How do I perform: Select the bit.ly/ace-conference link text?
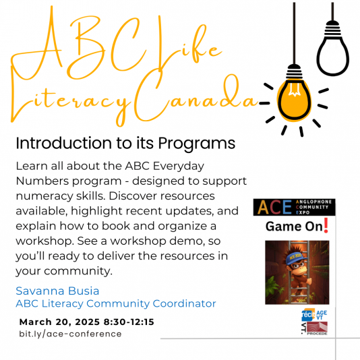click(x=70, y=333)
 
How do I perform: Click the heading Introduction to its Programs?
click(x=125, y=144)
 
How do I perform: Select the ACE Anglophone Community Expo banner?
click(x=294, y=207)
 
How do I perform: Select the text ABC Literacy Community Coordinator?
click(x=115, y=304)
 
